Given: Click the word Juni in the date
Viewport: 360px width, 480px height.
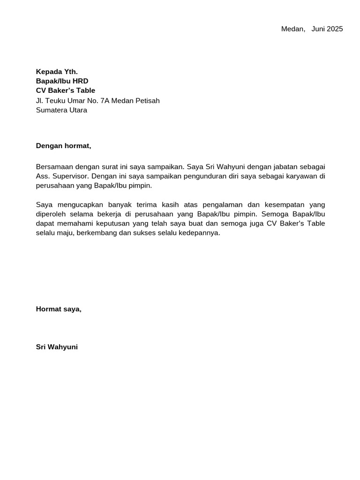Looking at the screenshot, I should click(x=318, y=29).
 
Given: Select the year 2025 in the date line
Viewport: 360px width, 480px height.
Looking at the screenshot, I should click(x=335, y=29).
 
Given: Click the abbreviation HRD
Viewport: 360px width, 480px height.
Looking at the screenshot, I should click(x=80, y=81).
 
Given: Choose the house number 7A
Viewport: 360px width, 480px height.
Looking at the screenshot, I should click(x=106, y=101).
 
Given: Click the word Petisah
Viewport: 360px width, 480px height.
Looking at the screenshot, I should click(x=147, y=101).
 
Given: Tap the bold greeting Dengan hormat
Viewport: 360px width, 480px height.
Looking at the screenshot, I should click(x=63, y=146).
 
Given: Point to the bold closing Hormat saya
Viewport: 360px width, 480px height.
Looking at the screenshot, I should click(x=59, y=309).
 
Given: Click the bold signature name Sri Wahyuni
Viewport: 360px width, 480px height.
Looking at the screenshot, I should click(x=57, y=347).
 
